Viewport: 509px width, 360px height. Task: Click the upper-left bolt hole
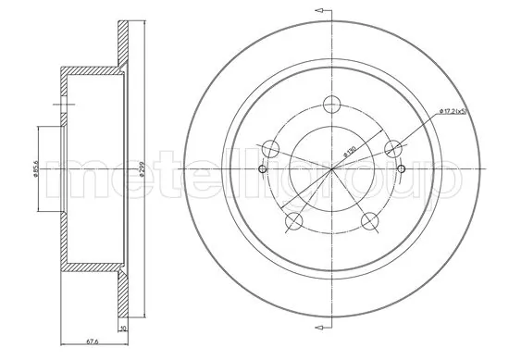click(270, 147)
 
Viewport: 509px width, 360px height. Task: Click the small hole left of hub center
click(262, 169)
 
